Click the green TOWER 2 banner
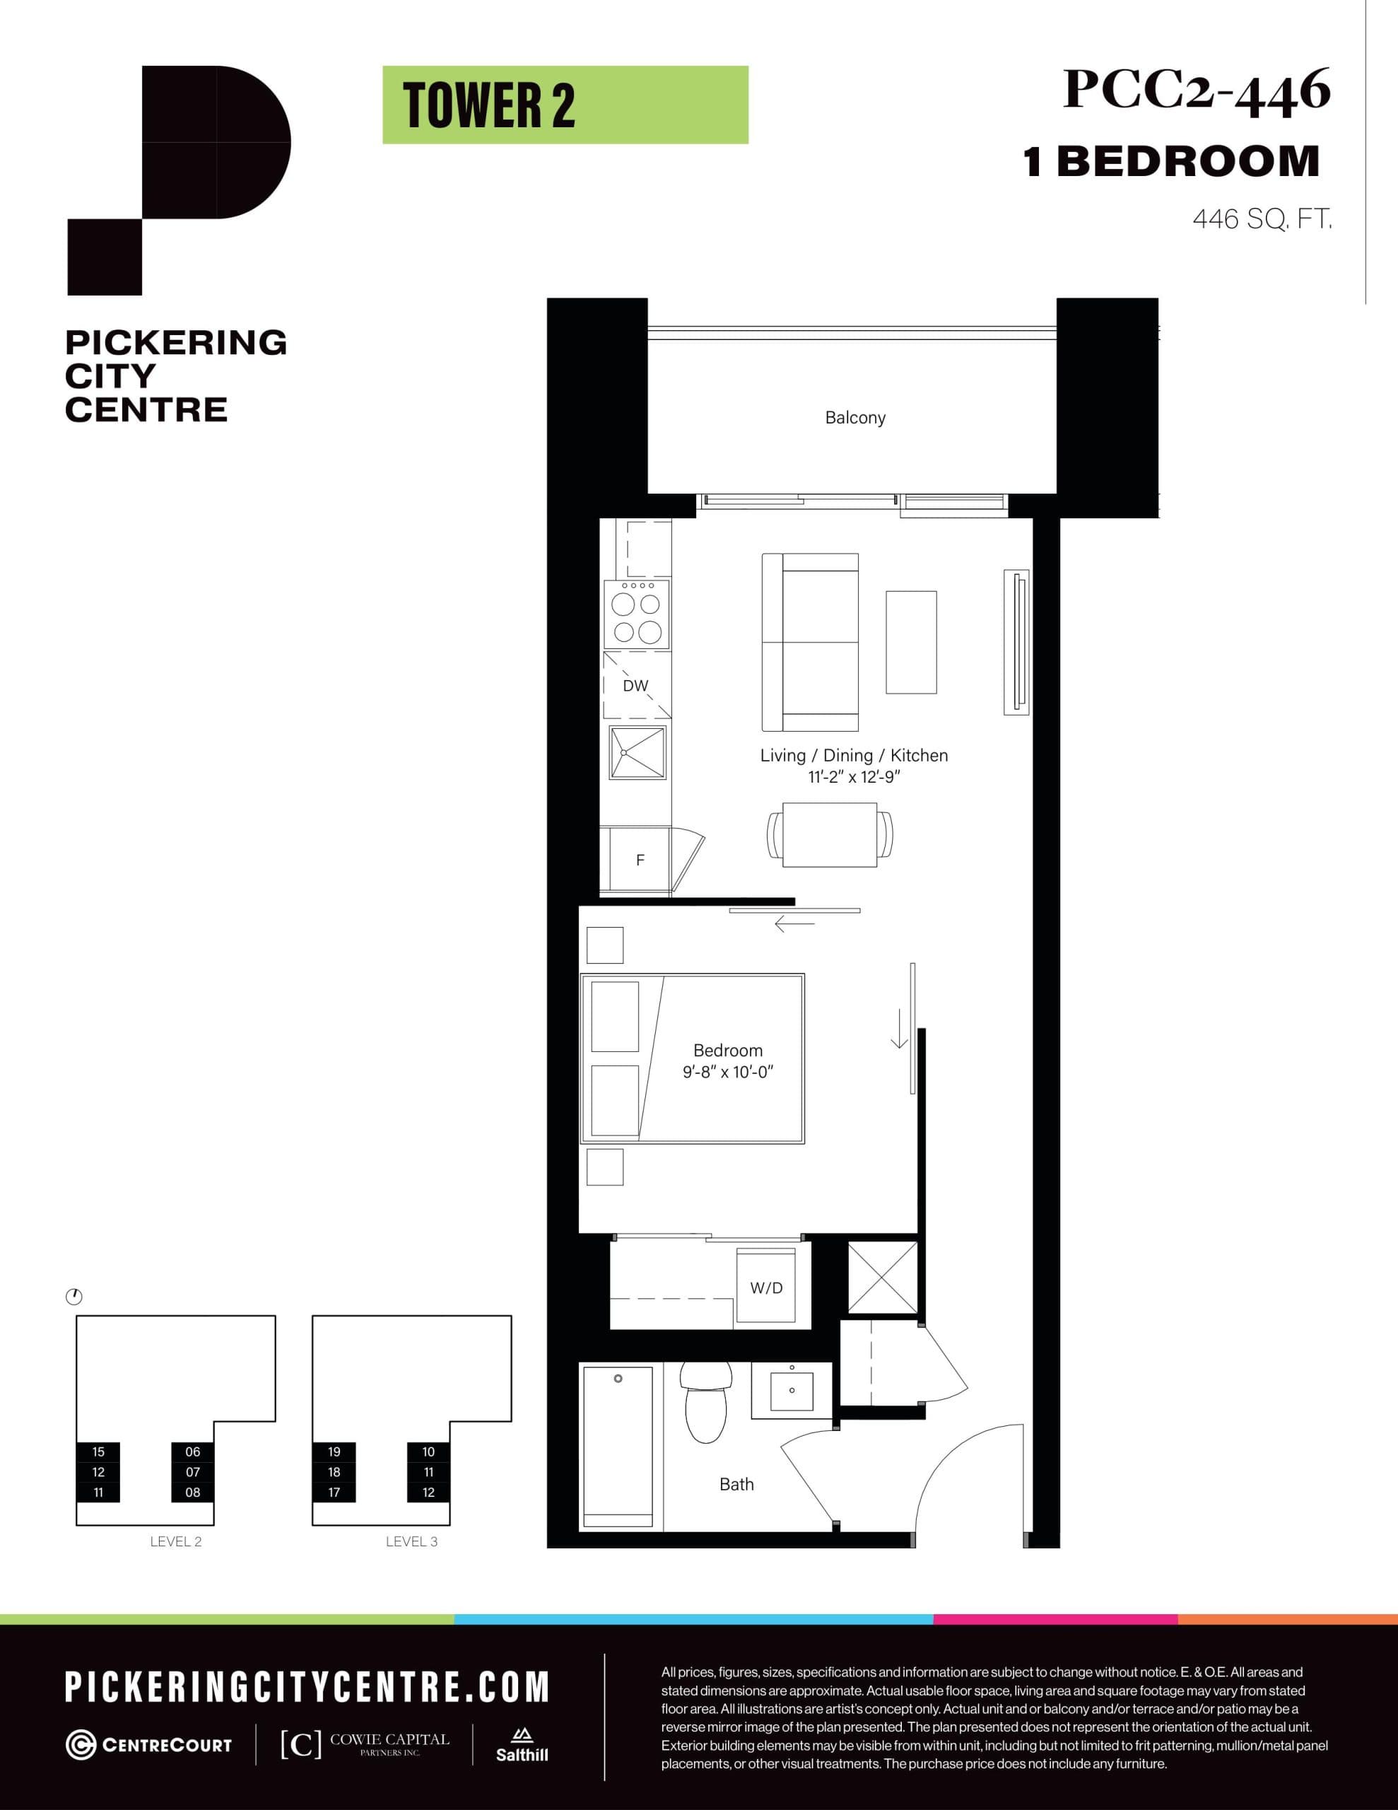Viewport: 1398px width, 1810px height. (x=565, y=105)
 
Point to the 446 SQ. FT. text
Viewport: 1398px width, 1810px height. (x=1262, y=220)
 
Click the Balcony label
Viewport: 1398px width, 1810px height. (x=855, y=418)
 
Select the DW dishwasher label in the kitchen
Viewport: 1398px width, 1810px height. (x=635, y=685)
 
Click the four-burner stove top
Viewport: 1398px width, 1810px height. (x=636, y=614)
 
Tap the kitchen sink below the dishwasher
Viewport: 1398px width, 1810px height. (x=638, y=752)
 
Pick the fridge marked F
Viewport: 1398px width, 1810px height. (x=640, y=860)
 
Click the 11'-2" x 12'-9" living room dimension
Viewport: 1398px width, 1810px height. (x=854, y=777)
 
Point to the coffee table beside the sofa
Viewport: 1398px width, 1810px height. (x=911, y=642)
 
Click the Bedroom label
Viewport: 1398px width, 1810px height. (x=727, y=1050)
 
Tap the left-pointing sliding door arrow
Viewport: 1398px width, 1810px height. (x=794, y=923)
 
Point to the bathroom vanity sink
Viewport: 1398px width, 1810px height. (x=792, y=1390)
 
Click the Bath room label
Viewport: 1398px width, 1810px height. (x=736, y=1484)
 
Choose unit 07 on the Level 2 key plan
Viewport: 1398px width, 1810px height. (x=192, y=1472)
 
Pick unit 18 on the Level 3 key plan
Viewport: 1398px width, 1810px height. (x=334, y=1472)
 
